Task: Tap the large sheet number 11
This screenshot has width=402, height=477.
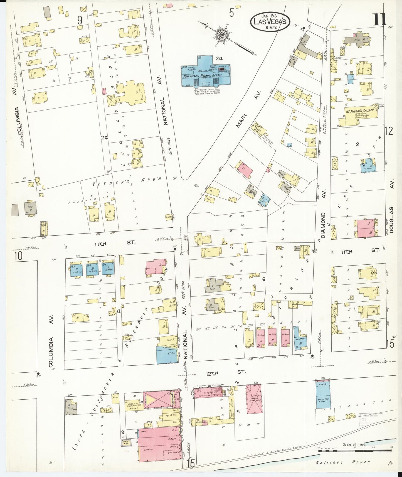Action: [379, 19]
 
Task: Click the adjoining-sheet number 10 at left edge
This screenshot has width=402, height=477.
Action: [18, 255]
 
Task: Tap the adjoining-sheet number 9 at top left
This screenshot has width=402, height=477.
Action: [80, 20]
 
